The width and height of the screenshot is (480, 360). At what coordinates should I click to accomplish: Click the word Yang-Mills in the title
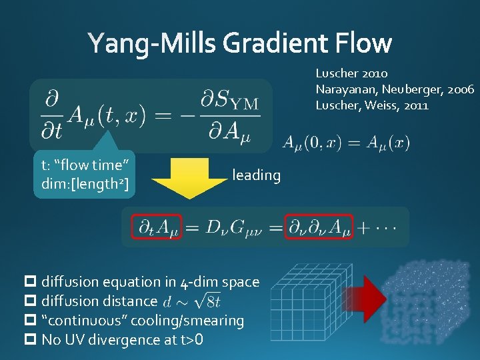click(x=152, y=43)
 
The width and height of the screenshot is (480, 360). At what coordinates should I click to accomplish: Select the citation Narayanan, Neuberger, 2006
click(x=395, y=89)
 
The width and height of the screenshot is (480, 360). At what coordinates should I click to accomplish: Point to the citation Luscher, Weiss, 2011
click(x=372, y=105)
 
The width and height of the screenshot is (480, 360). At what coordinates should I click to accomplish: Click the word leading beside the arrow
click(x=256, y=175)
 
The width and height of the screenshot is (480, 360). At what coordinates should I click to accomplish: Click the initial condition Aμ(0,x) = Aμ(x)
click(x=346, y=142)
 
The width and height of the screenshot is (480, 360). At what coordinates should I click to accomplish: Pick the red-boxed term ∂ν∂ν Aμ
click(x=317, y=228)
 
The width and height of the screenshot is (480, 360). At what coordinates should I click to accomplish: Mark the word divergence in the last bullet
click(x=119, y=340)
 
